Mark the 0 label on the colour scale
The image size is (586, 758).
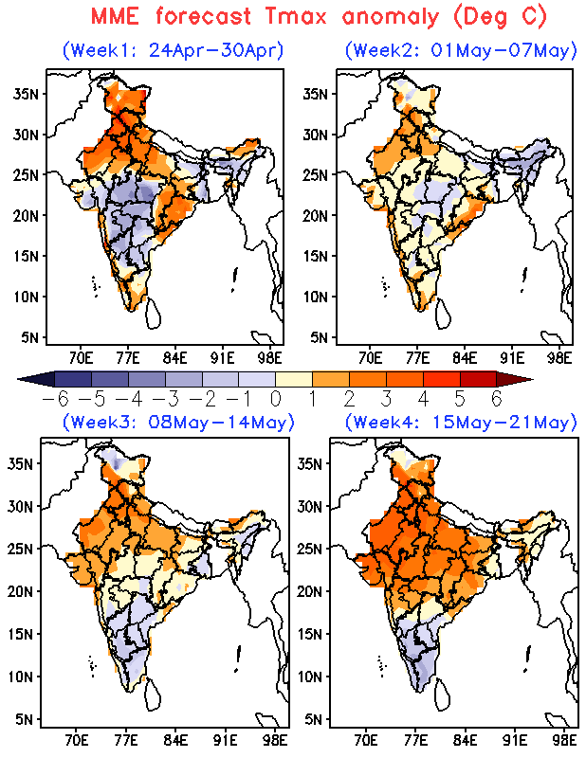[x=275, y=400]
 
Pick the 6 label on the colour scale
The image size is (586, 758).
[x=496, y=400]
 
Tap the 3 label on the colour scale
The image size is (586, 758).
[x=386, y=400]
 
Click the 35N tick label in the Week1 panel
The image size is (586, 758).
[x=25, y=93]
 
